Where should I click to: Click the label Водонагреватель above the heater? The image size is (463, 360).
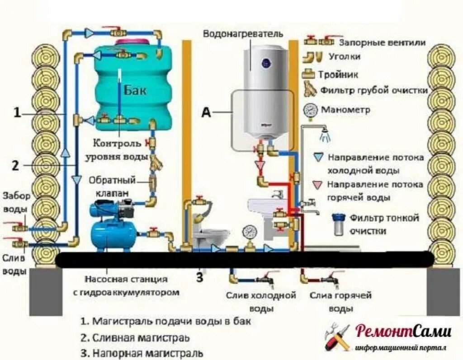pos(243,34)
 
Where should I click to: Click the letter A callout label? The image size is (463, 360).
pos(206,112)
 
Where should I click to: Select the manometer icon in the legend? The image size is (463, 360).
pos(311,111)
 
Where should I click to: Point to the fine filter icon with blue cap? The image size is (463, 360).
pos(337,224)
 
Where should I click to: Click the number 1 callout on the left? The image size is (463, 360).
pos(17,113)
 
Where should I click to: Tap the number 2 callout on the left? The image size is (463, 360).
pos(15,165)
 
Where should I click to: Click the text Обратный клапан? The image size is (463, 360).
pos(112,186)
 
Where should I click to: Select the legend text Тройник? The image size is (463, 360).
pos(338,74)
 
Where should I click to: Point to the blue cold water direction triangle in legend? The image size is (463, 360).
pos(319,157)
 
